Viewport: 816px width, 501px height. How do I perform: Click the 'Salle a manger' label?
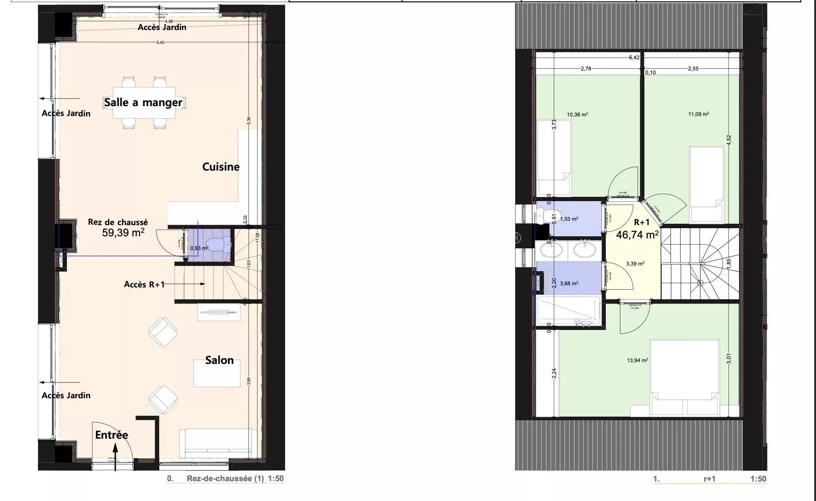143,102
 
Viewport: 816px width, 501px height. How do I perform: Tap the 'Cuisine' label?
221,167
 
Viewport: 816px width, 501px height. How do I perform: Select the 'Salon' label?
219,360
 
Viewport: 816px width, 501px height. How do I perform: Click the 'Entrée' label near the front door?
111,435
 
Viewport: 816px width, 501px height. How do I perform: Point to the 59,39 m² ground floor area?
123,233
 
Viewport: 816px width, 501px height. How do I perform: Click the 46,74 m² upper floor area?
637,235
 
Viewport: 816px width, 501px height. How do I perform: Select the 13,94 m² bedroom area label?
637,360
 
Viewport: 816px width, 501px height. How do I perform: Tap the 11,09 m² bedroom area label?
698,114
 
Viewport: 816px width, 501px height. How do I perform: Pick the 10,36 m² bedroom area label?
577,115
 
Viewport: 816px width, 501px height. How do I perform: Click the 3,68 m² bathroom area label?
569,283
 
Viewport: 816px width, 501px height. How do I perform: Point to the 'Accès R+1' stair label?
144,284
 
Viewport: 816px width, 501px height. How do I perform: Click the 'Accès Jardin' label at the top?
162,27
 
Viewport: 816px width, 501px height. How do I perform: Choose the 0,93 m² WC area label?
199,248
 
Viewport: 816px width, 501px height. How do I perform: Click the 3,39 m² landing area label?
635,264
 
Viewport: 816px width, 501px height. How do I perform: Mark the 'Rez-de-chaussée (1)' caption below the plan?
225,479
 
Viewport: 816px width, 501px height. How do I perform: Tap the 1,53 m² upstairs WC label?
569,219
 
